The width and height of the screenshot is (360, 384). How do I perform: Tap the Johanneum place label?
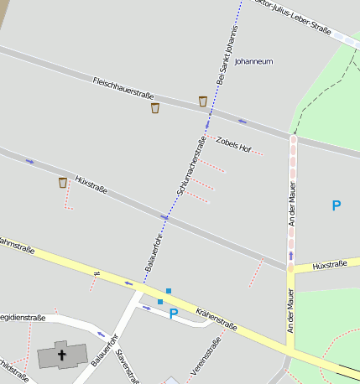tap(253, 61)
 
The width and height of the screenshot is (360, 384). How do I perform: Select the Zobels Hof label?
tap(233, 144)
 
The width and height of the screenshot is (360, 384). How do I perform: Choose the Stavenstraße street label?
tap(128, 365)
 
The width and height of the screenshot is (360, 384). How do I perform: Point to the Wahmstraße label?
tap(17, 246)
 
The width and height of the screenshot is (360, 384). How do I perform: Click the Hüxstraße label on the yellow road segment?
tap(329, 265)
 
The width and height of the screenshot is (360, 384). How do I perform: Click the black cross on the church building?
tap(61, 355)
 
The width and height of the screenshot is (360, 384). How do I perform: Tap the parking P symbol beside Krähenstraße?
tap(174, 314)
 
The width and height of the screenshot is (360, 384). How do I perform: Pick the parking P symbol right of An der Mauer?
tap(337, 205)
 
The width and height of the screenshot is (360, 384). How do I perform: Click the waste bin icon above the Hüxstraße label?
tap(63, 182)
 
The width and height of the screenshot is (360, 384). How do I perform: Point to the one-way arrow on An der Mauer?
tap(291, 255)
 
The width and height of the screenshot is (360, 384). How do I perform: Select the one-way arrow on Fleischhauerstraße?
tap(243, 122)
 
